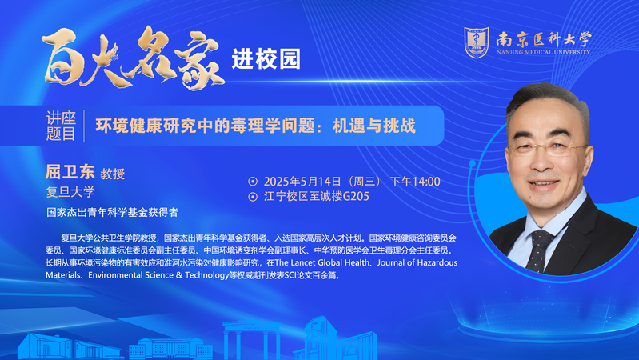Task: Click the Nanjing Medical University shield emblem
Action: pyautogui.click(x=477, y=42)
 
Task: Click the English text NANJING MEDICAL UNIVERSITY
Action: pyautogui.click(x=543, y=52)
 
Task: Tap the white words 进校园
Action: pyautogui.click(x=266, y=59)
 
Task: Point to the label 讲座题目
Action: pyautogui.click(x=61, y=126)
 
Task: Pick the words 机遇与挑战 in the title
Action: pyautogui.click(x=374, y=126)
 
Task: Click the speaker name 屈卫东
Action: pyautogui.click(x=70, y=172)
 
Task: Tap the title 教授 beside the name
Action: pyautogui.click(x=113, y=174)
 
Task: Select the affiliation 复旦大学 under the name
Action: pyautogui.click(x=70, y=192)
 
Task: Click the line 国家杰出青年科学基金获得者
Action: pyautogui.click(x=112, y=213)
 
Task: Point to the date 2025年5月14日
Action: pyautogui.click(x=302, y=182)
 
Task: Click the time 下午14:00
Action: pyautogui.click(x=415, y=182)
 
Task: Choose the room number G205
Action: pyautogui.click(x=356, y=197)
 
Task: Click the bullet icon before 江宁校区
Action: pyautogui.click(x=253, y=197)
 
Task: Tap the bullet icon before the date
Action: pyautogui.click(x=253, y=182)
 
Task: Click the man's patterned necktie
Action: pyautogui.click(x=538, y=250)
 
